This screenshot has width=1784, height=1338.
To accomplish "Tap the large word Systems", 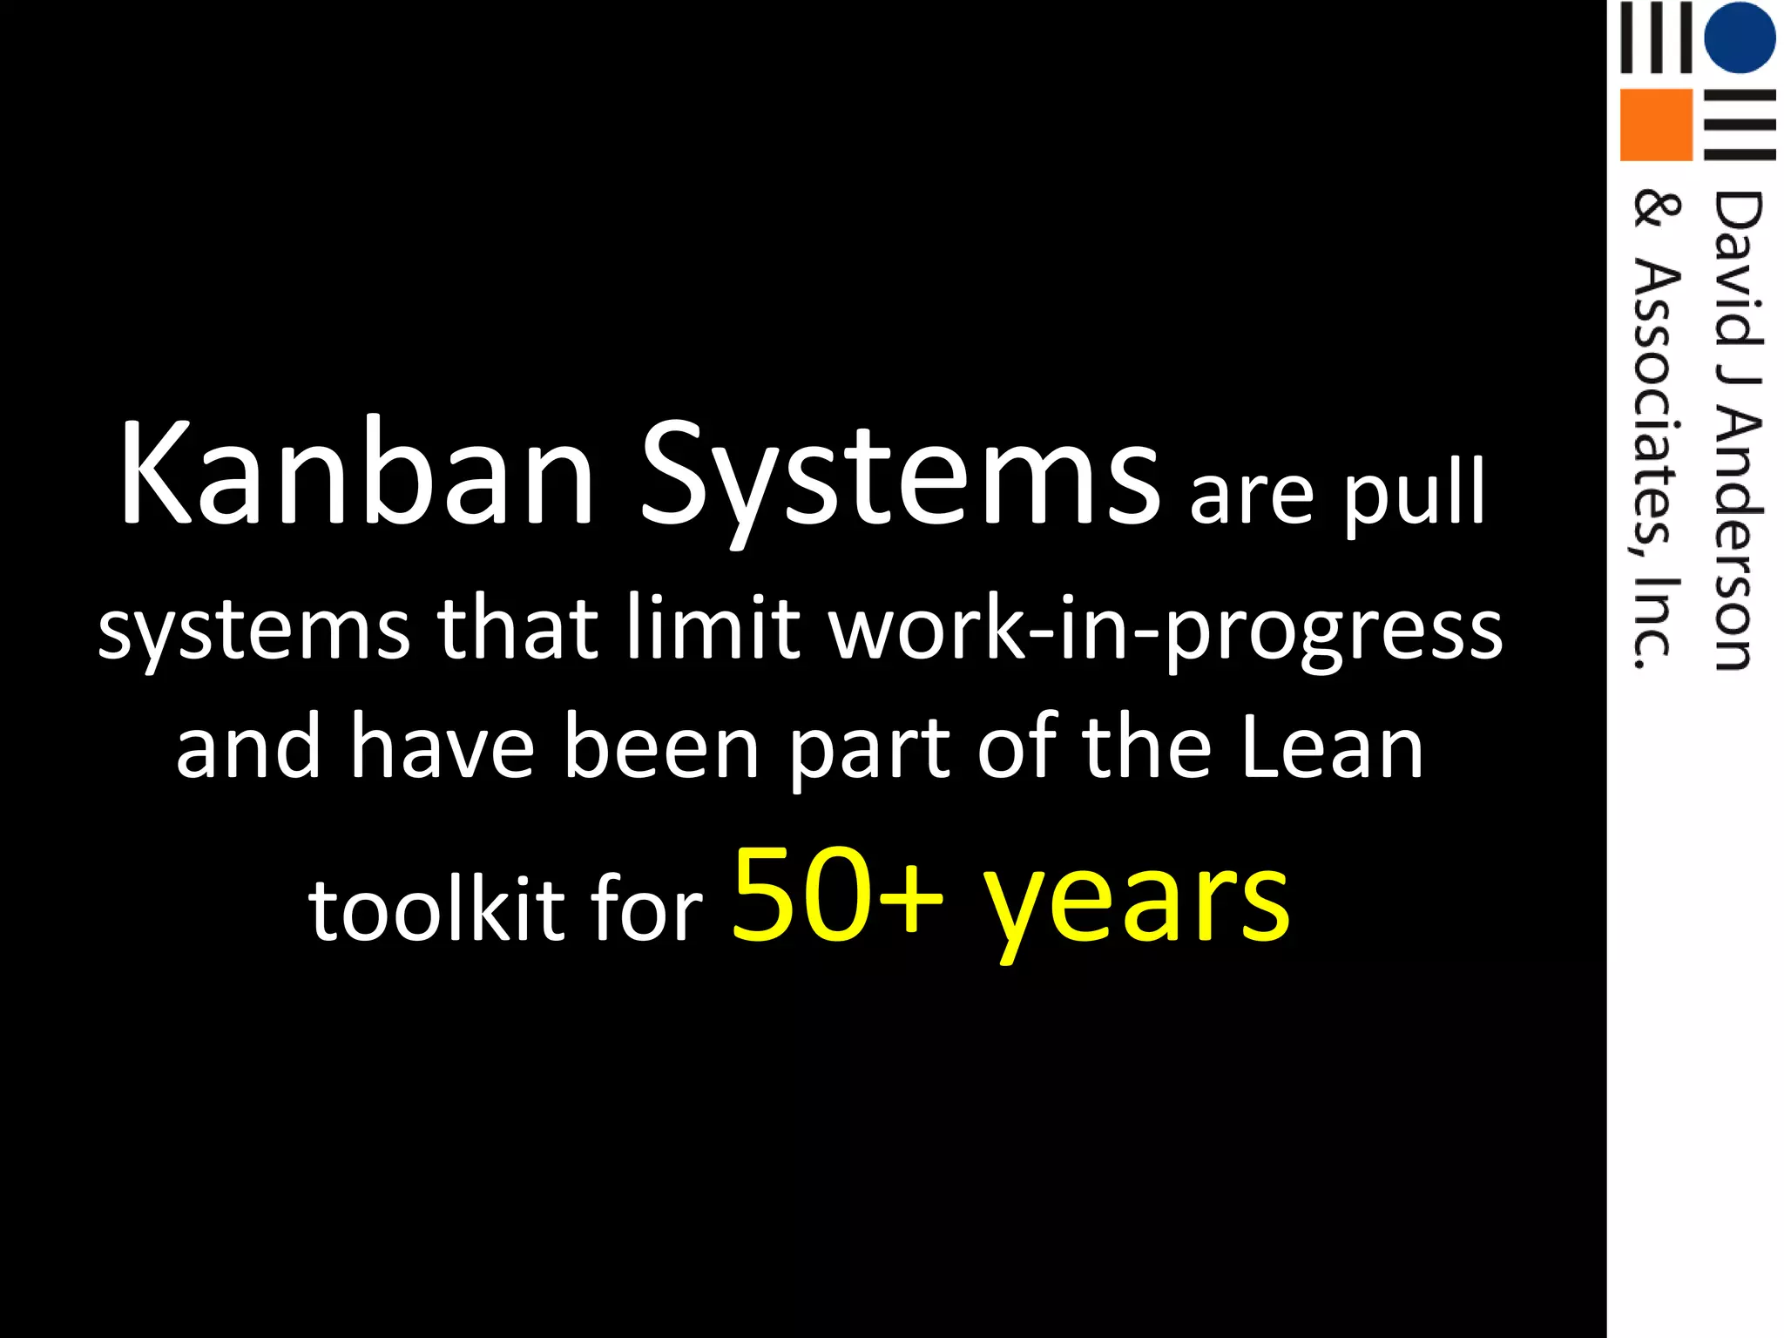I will point(899,479).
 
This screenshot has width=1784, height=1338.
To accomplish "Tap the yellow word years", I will point(1137,902).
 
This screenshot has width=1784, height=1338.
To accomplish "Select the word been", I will point(661,747).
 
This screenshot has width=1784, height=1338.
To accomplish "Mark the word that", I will point(517,625).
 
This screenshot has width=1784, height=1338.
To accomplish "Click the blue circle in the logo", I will point(1739,37).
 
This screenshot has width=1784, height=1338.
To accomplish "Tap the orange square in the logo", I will point(1654,124).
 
